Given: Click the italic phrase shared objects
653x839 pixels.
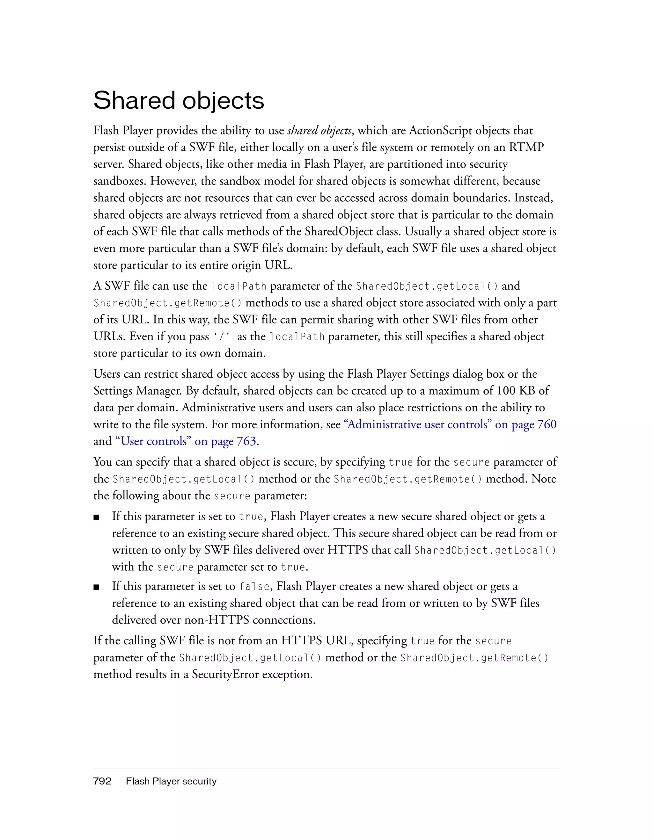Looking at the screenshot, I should pos(319,131).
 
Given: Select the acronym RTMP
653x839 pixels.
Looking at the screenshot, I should pos(526,147).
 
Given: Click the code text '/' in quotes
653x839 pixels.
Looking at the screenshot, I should pos(222,337).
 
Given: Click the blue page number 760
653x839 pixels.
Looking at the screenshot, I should pos(547,424).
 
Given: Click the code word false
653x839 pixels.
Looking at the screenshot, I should pos(254,587).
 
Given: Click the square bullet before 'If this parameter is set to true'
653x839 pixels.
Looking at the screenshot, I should pos(97,517).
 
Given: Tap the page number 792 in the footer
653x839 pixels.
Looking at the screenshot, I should pos(102,781).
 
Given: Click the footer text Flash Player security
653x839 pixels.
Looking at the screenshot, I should pos(171,781).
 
